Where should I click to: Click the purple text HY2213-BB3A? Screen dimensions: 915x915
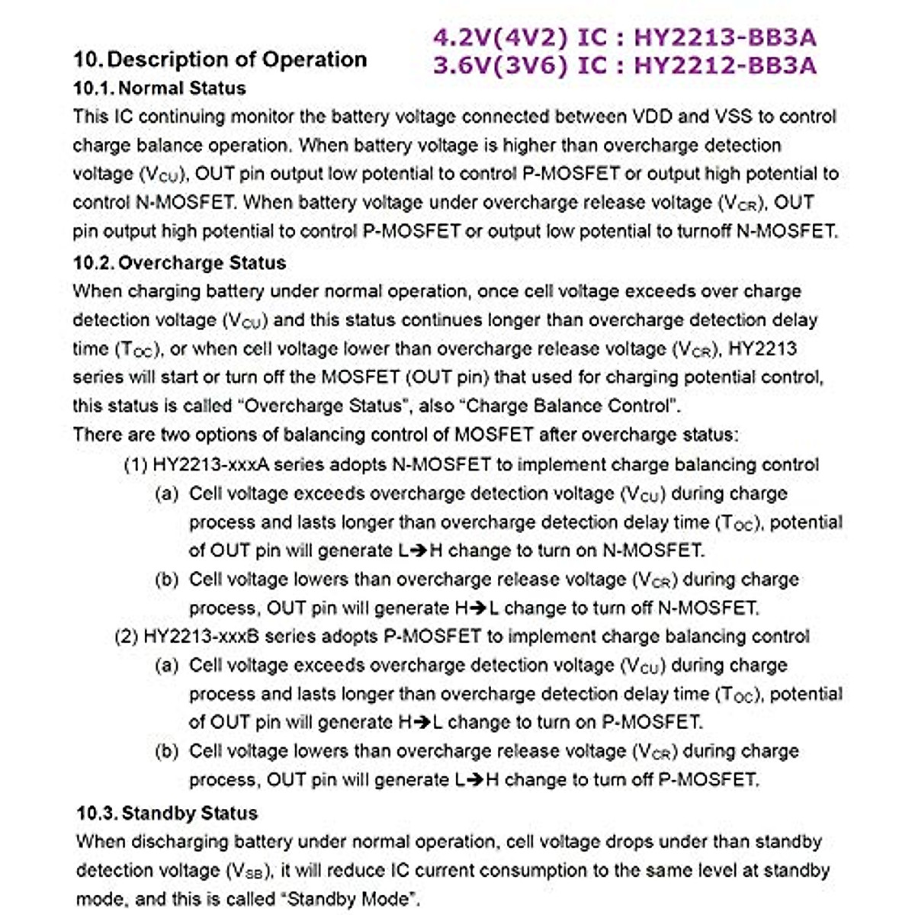[x=724, y=37]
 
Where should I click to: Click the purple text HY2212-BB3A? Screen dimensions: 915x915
[x=724, y=66]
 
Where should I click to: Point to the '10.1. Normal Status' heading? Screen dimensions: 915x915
[x=159, y=88]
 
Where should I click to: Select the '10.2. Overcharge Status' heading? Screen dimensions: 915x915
[x=179, y=263]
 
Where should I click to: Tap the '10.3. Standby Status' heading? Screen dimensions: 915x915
[x=167, y=813]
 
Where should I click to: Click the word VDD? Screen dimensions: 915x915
[x=652, y=117]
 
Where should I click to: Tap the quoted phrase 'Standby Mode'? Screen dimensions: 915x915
[x=352, y=899]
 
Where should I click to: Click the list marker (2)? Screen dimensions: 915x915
[x=126, y=637]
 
